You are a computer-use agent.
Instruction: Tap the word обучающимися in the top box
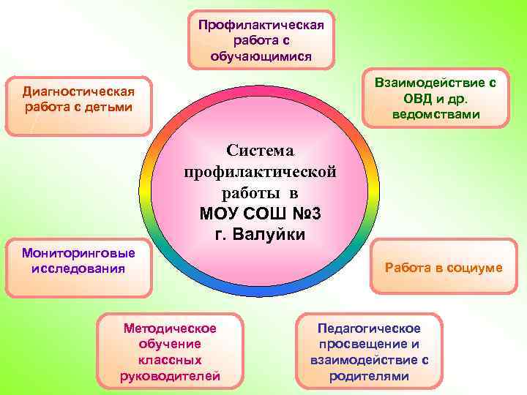(261, 56)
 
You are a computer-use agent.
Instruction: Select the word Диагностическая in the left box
(78, 92)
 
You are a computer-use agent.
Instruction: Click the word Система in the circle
(260, 151)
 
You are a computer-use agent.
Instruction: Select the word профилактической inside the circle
(260, 173)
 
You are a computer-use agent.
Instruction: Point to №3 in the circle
(303, 215)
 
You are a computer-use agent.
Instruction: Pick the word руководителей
(170, 376)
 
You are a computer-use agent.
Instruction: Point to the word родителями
(368, 376)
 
